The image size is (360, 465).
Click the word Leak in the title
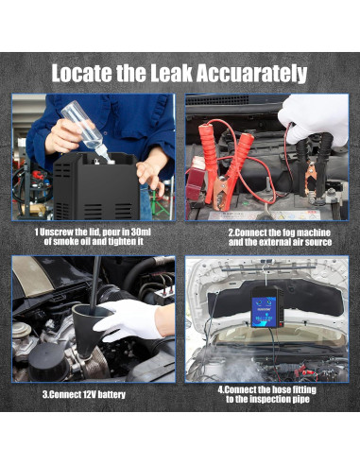click(171, 74)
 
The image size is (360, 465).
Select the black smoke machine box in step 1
click(95, 186)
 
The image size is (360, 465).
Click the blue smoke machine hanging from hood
click(266, 307)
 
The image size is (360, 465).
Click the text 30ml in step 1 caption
click(141, 232)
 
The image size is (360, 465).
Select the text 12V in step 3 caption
click(89, 394)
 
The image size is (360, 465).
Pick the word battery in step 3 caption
click(111, 395)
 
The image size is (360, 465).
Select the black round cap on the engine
click(48, 361)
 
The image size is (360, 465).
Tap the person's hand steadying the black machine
click(151, 172)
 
